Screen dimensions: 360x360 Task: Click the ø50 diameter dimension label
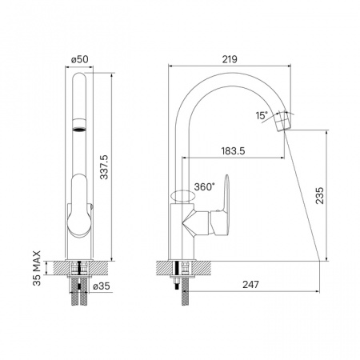coord(79,59)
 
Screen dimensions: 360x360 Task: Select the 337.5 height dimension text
coord(104,167)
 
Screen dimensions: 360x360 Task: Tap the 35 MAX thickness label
coord(37,268)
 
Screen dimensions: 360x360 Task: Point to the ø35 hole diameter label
coord(102,286)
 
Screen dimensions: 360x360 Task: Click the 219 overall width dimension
coord(230,59)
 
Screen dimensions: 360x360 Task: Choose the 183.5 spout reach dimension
coord(233,151)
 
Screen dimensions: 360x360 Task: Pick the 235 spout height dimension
coord(319,195)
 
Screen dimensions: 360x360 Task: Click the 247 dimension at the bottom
coord(250,285)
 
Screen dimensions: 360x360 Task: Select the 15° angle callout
coord(262,115)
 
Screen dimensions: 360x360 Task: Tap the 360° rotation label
coord(204,186)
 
